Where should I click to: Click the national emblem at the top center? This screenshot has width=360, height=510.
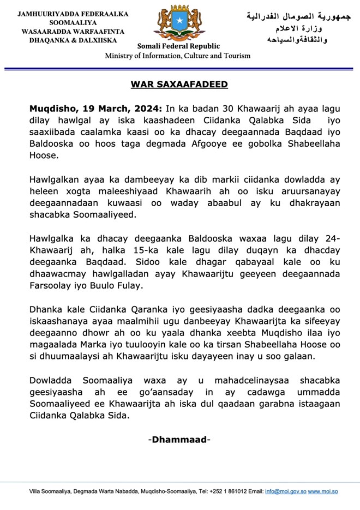click(x=178, y=24)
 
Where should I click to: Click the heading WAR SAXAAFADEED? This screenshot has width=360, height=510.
click(x=179, y=85)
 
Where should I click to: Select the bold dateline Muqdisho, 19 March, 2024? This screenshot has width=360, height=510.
click(x=95, y=109)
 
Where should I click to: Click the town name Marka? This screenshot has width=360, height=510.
click(x=96, y=344)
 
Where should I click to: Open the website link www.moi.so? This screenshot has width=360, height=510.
click(x=323, y=492)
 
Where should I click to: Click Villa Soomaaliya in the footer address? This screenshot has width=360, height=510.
click(x=51, y=492)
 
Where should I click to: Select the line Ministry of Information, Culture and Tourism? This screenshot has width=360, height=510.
click(x=178, y=56)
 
